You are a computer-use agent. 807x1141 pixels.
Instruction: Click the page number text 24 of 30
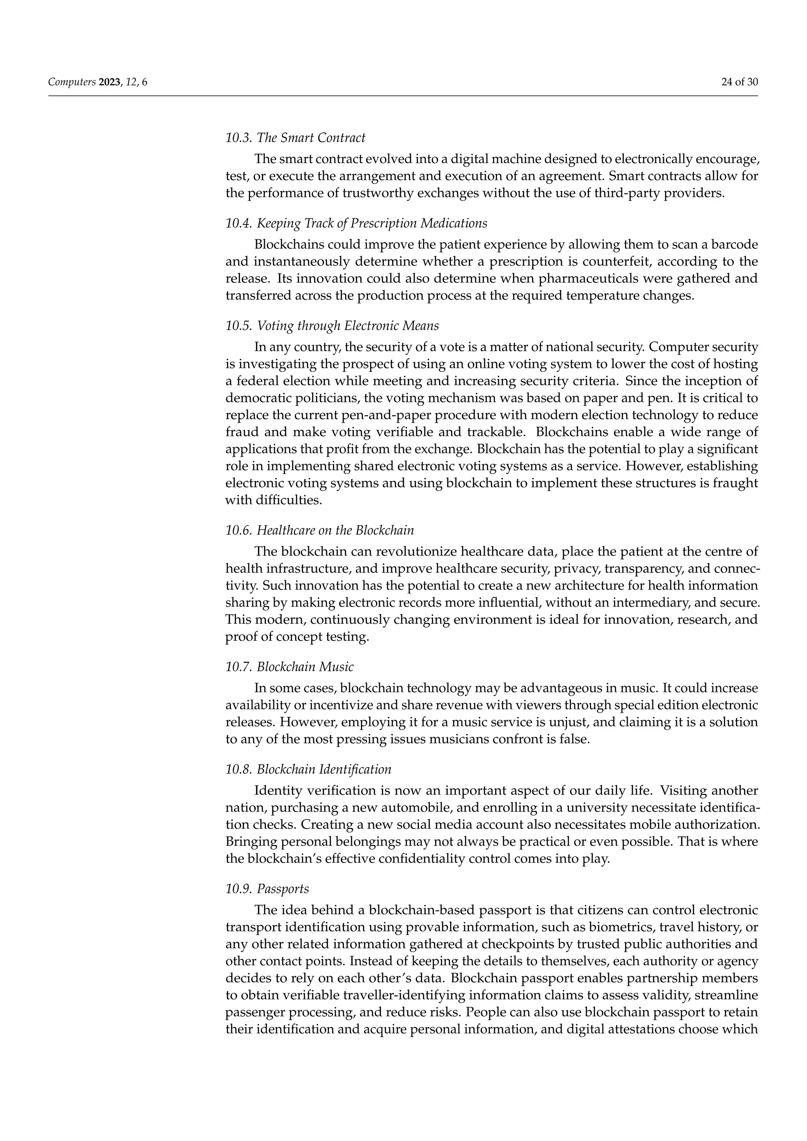[739, 82]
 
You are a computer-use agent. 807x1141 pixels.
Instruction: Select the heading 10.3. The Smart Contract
[295, 138]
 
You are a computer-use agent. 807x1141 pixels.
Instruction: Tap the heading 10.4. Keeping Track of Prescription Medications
[356, 223]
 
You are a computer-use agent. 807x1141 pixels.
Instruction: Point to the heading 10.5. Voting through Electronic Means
[332, 326]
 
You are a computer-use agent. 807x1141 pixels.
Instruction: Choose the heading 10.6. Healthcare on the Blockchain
[319, 530]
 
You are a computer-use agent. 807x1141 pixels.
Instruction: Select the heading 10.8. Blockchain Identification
[308, 769]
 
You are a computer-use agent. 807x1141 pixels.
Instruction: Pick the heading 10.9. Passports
[267, 889]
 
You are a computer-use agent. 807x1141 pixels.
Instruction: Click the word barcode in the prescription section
[734, 245]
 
